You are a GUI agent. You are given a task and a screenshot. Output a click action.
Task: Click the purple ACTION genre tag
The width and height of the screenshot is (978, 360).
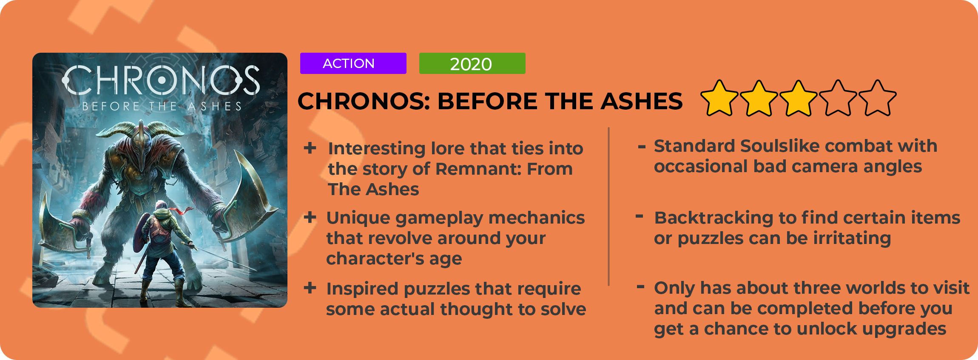353,63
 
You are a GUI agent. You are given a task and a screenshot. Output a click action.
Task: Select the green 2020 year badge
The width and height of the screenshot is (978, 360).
472,63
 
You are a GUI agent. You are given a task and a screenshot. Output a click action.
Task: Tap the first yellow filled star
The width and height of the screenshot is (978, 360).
719,98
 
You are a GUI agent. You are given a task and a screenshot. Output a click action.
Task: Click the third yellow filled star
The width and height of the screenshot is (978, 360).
798,98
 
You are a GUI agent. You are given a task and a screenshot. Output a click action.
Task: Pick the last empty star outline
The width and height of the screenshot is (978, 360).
877,98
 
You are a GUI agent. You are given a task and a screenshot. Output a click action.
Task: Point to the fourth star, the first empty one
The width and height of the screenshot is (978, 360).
838,98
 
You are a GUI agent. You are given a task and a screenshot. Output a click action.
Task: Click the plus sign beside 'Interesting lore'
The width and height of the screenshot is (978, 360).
310,148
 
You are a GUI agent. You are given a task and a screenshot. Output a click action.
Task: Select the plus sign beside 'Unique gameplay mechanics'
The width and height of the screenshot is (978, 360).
310,217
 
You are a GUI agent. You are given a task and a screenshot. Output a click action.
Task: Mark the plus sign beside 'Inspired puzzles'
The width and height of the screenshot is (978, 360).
310,288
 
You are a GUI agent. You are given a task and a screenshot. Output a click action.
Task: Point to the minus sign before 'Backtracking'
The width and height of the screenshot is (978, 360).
639,216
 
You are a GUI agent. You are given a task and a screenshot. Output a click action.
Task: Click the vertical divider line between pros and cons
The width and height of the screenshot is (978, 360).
609,206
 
